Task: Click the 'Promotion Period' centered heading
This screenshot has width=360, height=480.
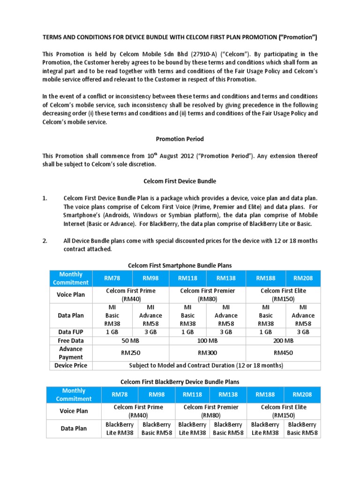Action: (x=180, y=139)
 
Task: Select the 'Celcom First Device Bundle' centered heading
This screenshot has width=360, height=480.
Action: (x=180, y=181)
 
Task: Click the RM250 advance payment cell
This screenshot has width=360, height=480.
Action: (x=131, y=353)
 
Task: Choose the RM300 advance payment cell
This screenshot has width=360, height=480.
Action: (x=207, y=353)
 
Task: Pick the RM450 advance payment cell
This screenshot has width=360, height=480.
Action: (x=283, y=353)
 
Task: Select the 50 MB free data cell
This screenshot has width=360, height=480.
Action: (x=131, y=341)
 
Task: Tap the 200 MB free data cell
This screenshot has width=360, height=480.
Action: (x=283, y=341)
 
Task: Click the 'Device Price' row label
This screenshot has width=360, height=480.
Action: (x=71, y=365)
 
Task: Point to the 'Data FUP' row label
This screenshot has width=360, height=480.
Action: (x=71, y=332)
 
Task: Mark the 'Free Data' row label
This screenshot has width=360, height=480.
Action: (x=71, y=341)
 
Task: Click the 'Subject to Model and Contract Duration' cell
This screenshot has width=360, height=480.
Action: (x=207, y=365)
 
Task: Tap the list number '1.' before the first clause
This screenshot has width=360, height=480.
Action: (x=45, y=198)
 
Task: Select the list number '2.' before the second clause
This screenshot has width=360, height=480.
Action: (x=45, y=241)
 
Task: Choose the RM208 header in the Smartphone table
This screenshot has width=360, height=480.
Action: (x=303, y=278)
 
